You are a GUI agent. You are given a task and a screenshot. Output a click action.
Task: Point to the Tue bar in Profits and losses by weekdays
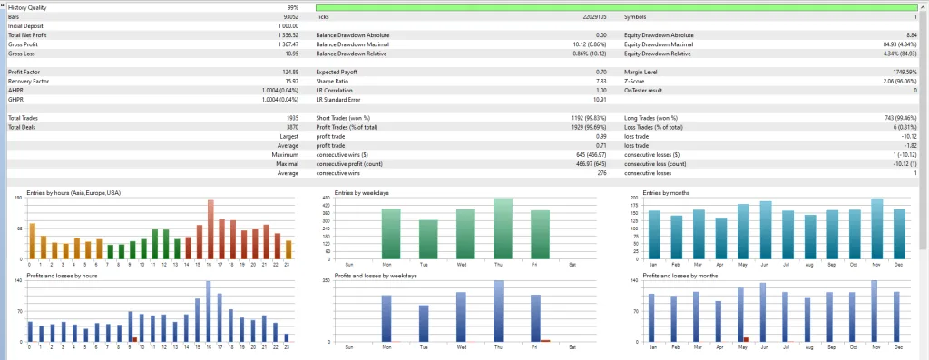(x=423, y=324)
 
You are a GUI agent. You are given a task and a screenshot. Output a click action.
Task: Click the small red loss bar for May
(x=747, y=340)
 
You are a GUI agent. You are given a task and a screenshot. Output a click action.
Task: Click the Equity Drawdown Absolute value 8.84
(x=908, y=34)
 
